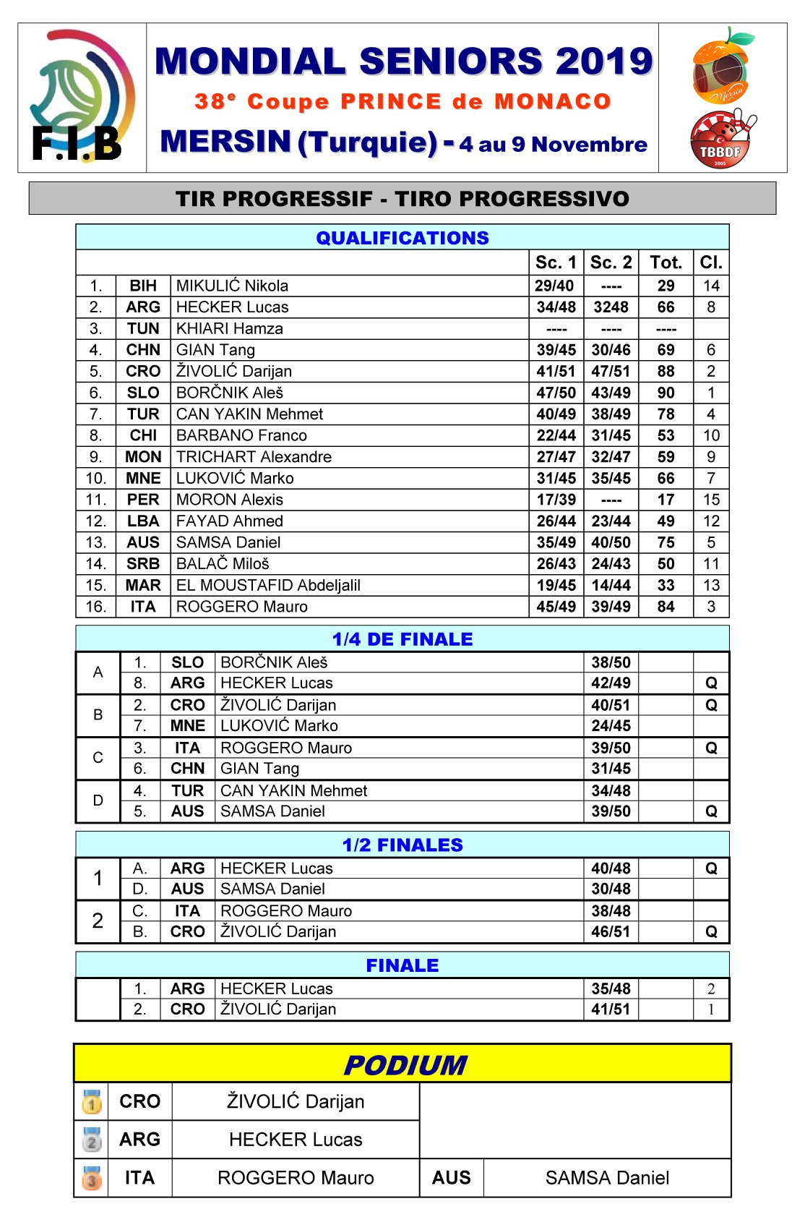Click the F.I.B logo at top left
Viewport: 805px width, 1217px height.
(x=82, y=97)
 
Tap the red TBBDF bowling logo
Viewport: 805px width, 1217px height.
(x=720, y=139)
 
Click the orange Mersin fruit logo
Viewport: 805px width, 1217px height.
(x=722, y=66)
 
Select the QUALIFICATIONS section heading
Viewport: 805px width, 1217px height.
(x=402, y=238)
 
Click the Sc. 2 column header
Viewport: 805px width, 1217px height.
(x=611, y=262)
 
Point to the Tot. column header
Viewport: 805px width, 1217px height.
(x=666, y=262)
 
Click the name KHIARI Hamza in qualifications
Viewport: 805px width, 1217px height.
(x=229, y=328)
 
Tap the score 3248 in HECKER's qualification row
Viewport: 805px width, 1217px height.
(x=611, y=307)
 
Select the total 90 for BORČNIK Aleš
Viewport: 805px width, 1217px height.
(x=666, y=393)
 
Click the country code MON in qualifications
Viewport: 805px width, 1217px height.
(x=143, y=457)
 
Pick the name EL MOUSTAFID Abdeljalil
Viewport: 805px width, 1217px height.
(x=268, y=585)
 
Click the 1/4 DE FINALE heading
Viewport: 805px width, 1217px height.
(x=402, y=639)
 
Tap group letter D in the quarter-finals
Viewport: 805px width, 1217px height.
(x=98, y=800)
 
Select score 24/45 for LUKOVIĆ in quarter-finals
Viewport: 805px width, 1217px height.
(x=611, y=726)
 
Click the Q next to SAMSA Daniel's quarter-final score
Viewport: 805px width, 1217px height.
(x=711, y=811)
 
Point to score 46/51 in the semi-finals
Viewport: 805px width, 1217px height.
(x=611, y=932)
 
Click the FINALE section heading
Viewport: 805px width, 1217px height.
(x=402, y=965)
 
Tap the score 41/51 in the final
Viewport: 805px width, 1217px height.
(x=611, y=1009)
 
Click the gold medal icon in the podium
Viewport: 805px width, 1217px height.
(x=92, y=1102)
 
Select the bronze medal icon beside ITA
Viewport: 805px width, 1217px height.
(x=92, y=1178)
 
